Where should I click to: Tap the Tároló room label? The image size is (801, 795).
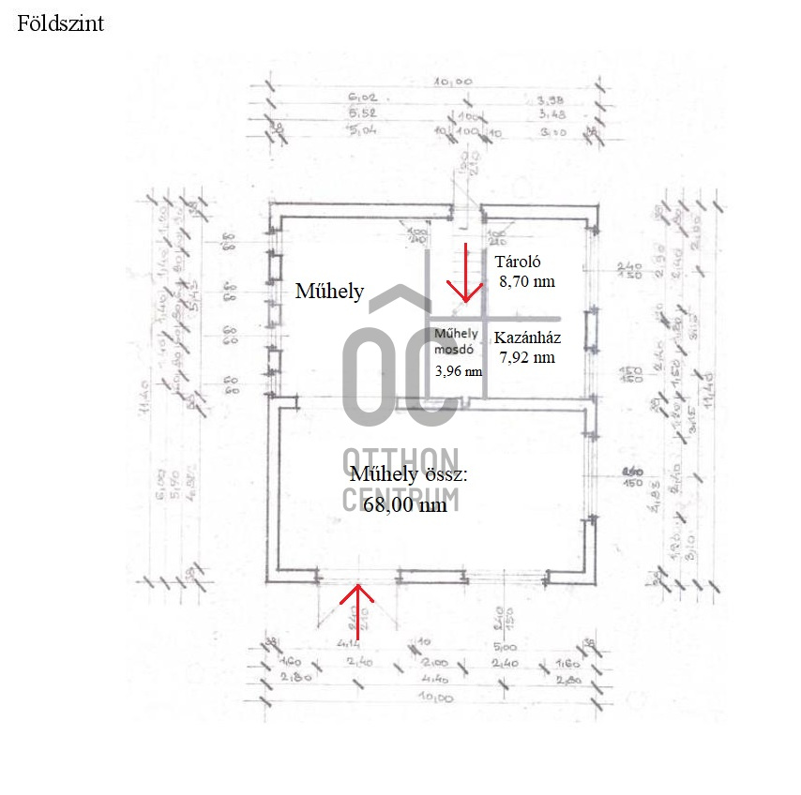click(x=519, y=262)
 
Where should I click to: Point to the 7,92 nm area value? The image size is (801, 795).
click(x=526, y=356)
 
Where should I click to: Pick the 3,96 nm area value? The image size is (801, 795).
click(x=459, y=370)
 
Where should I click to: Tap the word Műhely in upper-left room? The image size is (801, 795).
click(x=329, y=291)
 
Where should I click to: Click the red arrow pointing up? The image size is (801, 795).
click(x=356, y=609)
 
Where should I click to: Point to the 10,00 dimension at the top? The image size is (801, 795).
click(x=452, y=82)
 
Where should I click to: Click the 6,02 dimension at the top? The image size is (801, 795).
click(x=361, y=98)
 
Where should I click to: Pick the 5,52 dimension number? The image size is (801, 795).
click(x=361, y=114)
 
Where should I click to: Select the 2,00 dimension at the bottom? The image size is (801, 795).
click(x=435, y=662)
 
